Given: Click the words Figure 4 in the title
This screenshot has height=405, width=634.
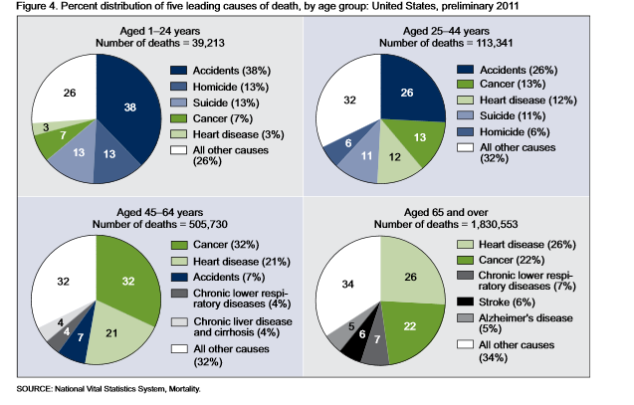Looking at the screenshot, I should [x=31, y=9].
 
